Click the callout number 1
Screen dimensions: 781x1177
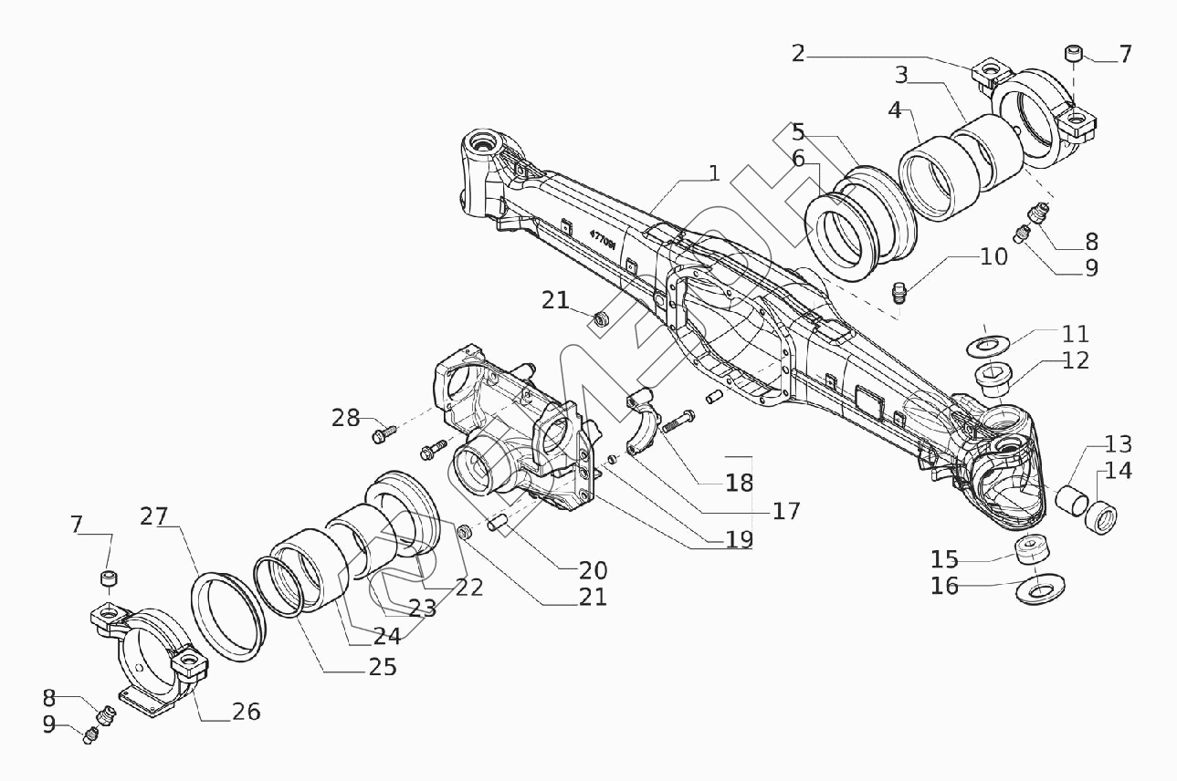(713, 173)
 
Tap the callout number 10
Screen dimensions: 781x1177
(993, 256)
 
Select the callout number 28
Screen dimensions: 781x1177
(346, 418)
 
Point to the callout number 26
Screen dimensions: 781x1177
(246, 711)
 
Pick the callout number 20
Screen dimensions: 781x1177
(593, 570)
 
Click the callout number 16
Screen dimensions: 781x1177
(944, 586)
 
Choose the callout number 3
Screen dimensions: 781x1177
(901, 73)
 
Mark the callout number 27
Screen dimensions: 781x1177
(154, 516)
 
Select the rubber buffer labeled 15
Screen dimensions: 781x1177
(1032, 550)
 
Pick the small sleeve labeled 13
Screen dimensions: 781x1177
(1069, 501)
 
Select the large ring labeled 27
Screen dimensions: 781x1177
(227, 611)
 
